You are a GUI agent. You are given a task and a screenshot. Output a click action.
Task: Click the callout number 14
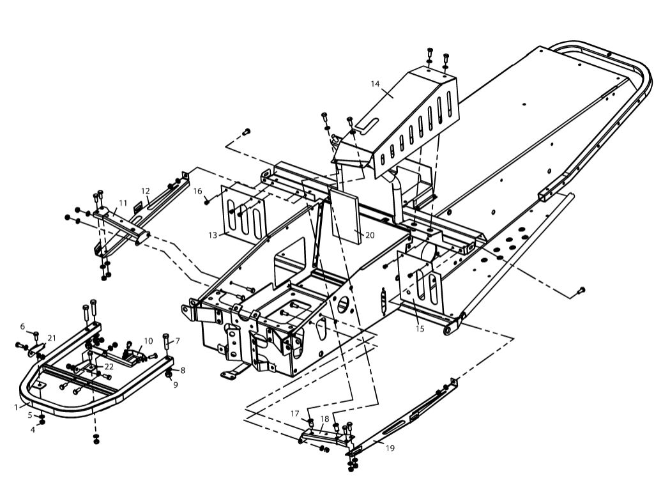coord(375,84)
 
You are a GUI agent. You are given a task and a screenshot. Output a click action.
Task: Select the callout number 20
coord(369,235)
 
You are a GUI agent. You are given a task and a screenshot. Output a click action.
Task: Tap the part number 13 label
coord(212,235)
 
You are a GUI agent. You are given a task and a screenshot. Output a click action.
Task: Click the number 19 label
coord(390,448)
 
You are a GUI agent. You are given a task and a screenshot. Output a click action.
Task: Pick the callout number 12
coord(146,190)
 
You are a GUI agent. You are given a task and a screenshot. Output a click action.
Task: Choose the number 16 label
coord(198,191)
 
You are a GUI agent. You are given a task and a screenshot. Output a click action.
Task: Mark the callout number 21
coord(52,337)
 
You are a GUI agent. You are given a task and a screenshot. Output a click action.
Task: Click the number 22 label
coord(109,366)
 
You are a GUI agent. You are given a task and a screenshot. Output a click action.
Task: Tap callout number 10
coord(148,341)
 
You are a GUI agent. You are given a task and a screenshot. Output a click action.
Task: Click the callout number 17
coord(295,413)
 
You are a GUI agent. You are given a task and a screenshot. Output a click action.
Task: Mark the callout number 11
coord(123,203)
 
